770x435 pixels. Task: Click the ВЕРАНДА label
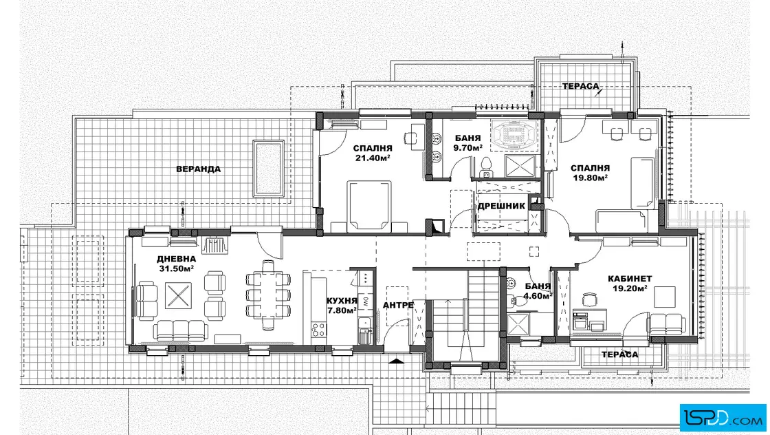[199, 169]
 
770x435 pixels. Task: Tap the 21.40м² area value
[373, 158]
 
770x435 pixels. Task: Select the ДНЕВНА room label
[176, 259]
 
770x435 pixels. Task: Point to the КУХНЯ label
[341, 301]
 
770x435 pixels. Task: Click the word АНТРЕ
[398, 305]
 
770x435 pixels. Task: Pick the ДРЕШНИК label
[501, 206]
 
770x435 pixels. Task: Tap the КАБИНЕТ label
[630, 279]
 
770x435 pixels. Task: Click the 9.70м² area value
[468, 147]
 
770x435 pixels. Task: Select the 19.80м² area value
[591, 178]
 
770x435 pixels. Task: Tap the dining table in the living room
[268, 295]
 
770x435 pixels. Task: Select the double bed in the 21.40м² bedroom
[369, 206]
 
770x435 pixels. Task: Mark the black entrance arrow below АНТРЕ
[395, 361]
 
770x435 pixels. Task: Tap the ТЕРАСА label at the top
[581, 87]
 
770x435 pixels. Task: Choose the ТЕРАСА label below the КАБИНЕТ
[619, 354]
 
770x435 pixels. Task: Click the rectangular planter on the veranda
[269, 168]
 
